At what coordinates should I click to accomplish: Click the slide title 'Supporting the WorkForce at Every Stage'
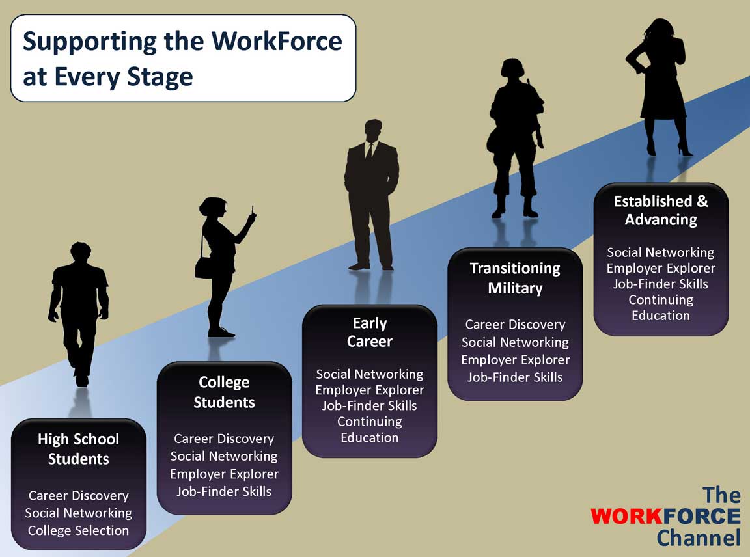coord(182,59)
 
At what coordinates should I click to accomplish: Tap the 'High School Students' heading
coord(78,449)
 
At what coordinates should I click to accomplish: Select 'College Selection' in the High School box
coord(78,530)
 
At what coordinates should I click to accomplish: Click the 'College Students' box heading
coord(224,392)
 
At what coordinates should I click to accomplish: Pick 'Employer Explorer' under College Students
coord(224,474)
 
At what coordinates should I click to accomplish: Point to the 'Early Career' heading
coord(370,333)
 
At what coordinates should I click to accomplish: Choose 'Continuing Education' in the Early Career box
coord(370,429)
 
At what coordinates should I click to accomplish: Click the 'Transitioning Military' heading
coord(515,278)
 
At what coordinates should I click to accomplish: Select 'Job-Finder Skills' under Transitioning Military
coord(515,377)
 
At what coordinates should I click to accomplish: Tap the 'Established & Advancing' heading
coord(661,210)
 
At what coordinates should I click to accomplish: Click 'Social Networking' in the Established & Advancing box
coord(661,252)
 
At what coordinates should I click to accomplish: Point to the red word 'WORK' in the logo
coord(626,517)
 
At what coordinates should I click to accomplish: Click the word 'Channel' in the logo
coord(699,537)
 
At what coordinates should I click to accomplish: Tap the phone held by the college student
coord(253,211)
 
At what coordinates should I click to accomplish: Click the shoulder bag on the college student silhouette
coord(204,267)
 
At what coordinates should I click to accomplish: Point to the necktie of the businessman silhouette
coord(368,150)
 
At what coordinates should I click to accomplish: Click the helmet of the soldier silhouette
coord(512,68)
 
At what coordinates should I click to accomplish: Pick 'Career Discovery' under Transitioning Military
coord(515,325)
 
